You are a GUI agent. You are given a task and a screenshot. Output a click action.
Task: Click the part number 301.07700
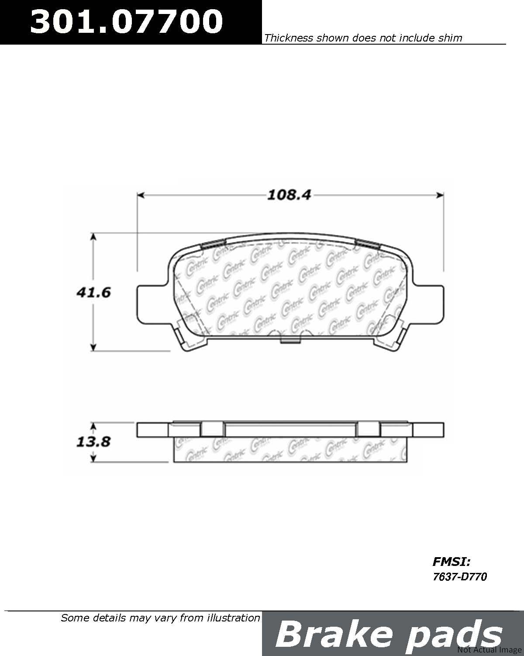click(x=126, y=21)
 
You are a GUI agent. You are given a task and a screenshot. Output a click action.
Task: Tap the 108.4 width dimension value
click(x=289, y=195)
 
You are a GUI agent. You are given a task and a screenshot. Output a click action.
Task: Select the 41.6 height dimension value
click(x=93, y=293)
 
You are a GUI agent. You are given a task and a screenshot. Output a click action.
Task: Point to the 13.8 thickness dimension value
click(x=93, y=442)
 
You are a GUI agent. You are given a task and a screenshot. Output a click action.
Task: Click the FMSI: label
click(x=452, y=562)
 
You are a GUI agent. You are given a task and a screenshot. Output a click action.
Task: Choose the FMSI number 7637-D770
click(x=460, y=577)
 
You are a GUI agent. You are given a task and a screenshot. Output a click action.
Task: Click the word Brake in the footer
click(x=334, y=634)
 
